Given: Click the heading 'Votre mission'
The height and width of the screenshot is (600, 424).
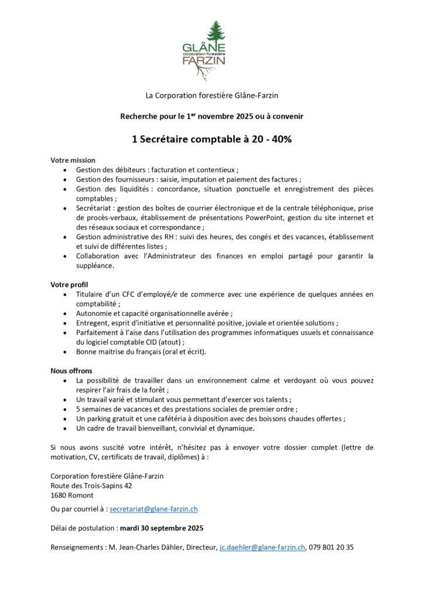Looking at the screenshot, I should [73, 160].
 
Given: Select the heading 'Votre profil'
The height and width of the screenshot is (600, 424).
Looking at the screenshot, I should [69, 284].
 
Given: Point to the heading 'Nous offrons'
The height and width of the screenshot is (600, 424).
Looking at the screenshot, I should [71, 370].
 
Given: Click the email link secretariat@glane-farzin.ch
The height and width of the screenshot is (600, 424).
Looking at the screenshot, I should [153, 510].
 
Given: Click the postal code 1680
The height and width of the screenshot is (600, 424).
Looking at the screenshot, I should [59, 495].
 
